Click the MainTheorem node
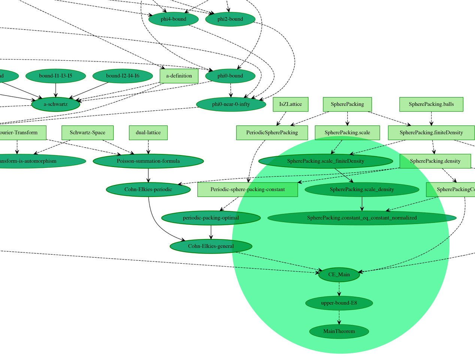(339, 332)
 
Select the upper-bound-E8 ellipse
(339, 303)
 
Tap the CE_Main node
(339, 275)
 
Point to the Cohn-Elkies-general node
(211, 246)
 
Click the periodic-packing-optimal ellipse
(211, 218)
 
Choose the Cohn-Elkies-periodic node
(148, 190)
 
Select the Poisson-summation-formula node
(148, 161)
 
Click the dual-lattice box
(148, 133)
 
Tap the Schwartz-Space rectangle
(87, 133)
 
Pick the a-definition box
(179, 76)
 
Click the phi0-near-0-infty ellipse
(231, 104)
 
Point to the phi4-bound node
(173, 19)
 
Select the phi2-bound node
(230, 19)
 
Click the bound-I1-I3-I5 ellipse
(55, 76)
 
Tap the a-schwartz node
(55, 104)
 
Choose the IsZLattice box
(290, 104)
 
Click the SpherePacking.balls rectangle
(431, 104)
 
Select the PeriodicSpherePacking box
(272, 133)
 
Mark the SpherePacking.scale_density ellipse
(362, 190)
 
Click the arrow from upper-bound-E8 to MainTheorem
(339, 317)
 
